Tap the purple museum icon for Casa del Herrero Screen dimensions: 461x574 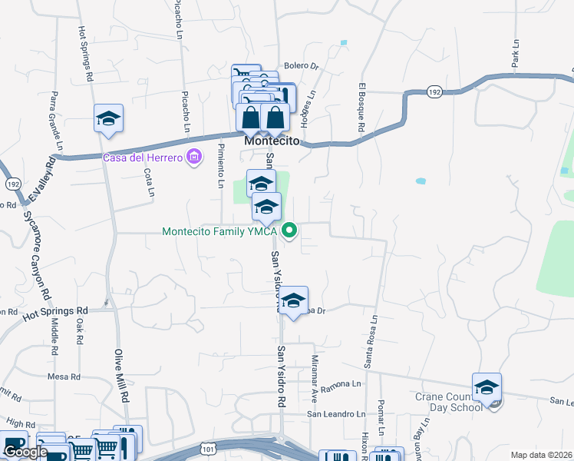(x=194, y=158)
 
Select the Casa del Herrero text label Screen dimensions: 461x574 (x=143, y=158)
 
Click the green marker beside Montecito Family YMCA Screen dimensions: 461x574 (x=289, y=230)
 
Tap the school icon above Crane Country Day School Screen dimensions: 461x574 (x=487, y=390)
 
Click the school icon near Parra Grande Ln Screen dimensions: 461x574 (x=109, y=119)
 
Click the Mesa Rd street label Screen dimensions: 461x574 (x=64, y=376)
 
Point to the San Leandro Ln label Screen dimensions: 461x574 (x=336, y=413)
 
